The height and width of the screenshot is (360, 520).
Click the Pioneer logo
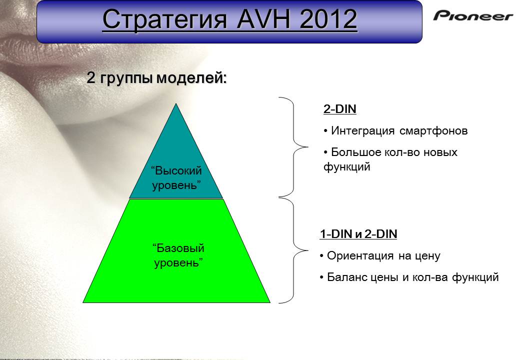click(473, 15)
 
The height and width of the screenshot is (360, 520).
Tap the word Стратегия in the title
click(165, 19)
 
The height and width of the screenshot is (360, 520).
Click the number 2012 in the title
click(328, 19)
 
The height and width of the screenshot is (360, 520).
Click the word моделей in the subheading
click(191, 78)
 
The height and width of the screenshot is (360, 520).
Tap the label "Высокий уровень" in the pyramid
click(176, 177)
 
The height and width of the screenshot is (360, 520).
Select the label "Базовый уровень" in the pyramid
click(178, 255)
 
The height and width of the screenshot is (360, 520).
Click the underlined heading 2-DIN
click(340, 109)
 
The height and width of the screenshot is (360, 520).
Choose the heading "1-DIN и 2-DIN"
click(358, 234)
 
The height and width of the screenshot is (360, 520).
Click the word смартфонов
click(433, 130)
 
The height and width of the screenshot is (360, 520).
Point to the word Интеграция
click(363, 131)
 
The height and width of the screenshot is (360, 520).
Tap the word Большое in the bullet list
click(356, 152)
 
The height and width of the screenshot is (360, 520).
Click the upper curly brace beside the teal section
click(293, 147)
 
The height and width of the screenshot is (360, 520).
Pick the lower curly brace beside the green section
click(293, 250)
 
